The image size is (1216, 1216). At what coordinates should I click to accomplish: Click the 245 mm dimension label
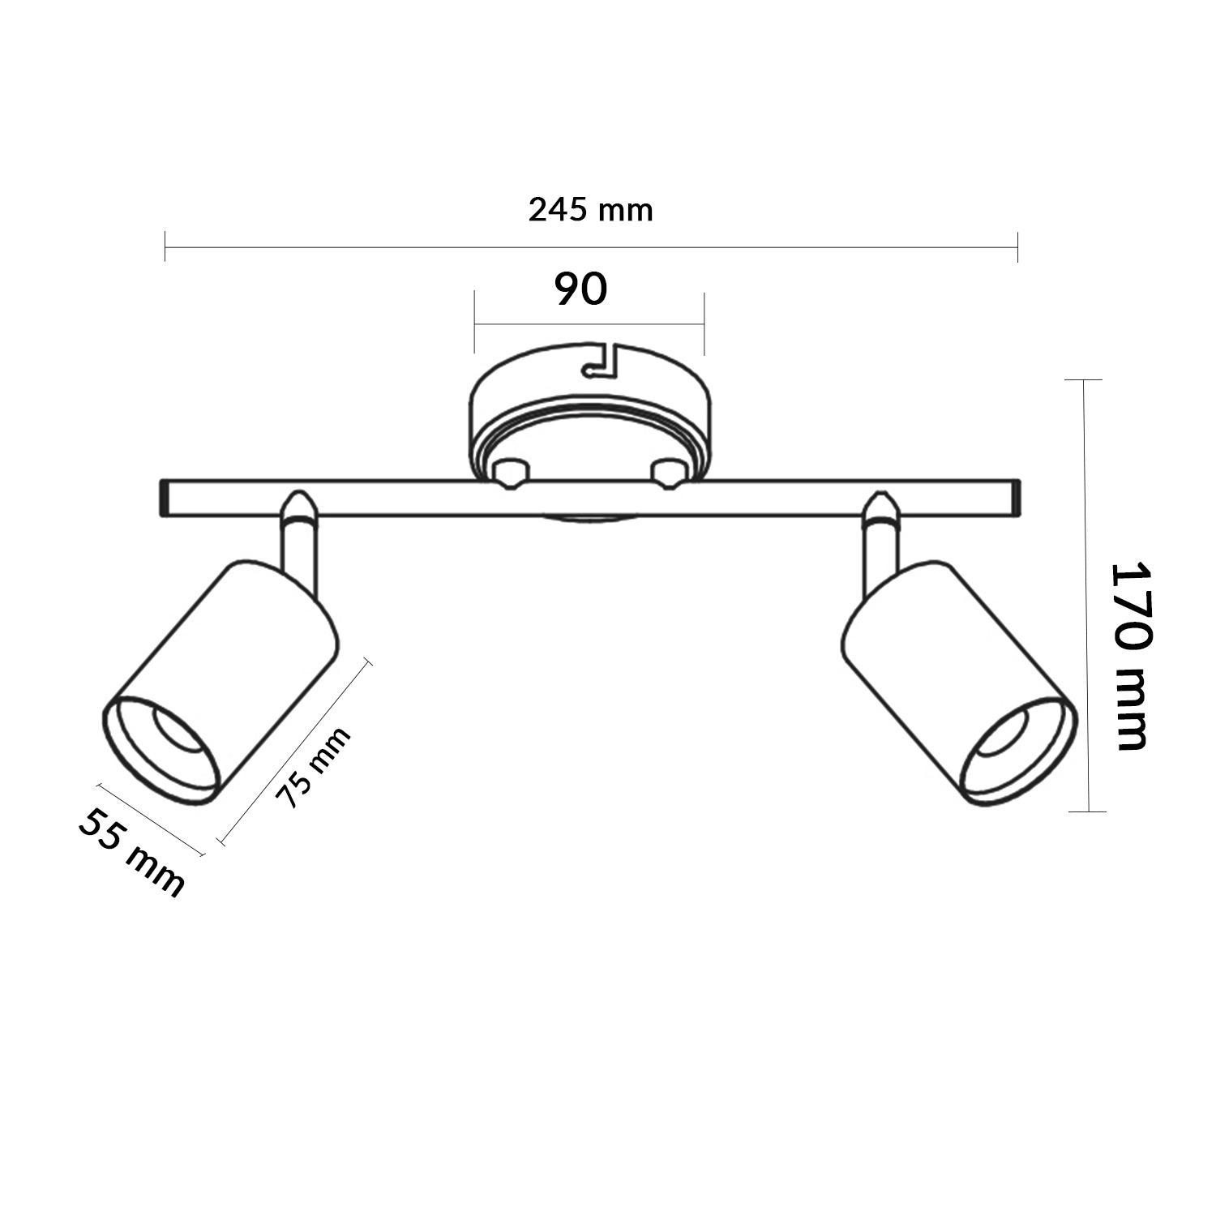(590, 210)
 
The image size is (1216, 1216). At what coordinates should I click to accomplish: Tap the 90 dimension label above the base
(581, 289)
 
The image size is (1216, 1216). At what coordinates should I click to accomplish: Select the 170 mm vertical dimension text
(1130, 655)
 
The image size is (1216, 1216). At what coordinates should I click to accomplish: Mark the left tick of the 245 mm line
(165, 246)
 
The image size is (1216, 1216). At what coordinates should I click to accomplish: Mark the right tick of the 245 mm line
(1017, 246)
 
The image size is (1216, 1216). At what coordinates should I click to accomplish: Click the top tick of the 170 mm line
(1084, 379)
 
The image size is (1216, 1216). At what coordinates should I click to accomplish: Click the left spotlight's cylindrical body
(235, 649)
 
